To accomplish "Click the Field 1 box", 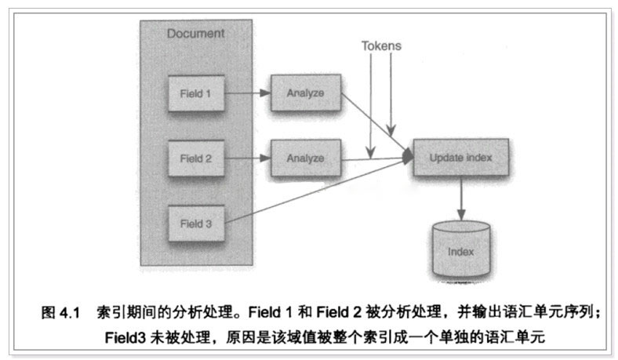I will tap(196, 94).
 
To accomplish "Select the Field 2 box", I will tap(196, 158).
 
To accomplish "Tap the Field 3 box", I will tap(196, 223).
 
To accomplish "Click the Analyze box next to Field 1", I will tap(305, 94).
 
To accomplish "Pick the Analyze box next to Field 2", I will tap(305, 158).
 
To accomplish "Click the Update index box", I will tap(461, 158).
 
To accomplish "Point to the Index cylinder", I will tap(461, 250).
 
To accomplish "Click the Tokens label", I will tap(381, 45).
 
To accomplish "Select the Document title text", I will tap(195, 34).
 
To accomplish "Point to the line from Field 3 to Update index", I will tap(314, 193).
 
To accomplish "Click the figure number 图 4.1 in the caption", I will tap(61, 312).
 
